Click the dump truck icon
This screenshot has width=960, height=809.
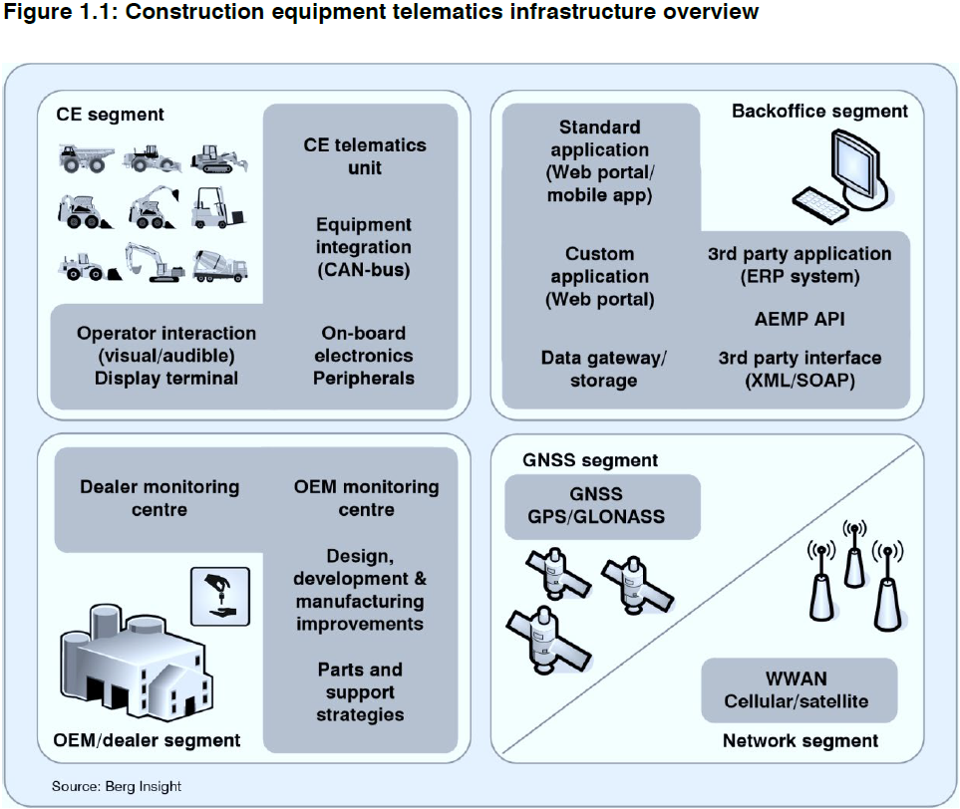pyautogui.click(x=84, y=157)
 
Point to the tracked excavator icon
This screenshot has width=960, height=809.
pyautogui.click(x=153, y=262)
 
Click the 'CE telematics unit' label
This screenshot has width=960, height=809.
pyautogui.click(x=365, y=156)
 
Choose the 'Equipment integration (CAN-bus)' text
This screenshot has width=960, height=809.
pyautogui.click(x=364, y=247)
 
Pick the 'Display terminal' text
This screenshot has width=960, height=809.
pyautogui.click(x=166, y=378)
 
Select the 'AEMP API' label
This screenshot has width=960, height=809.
pyautogui.click(x=800, y=320)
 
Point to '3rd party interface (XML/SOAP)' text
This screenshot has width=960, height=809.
pyautogui.click(x=800, y=369)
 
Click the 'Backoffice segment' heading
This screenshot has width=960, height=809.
pyautogui.click(x=819, y=111)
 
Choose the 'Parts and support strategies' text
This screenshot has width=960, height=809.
pyautogui.click(x=360, y=691)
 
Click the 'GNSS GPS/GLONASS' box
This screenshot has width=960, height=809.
pyautogui.click(x=602, y=505)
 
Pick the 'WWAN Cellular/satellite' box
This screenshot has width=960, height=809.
pyautogui.click(x=796, y=689)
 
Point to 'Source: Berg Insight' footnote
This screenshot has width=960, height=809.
pyautogui.click(x=117, y=786)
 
